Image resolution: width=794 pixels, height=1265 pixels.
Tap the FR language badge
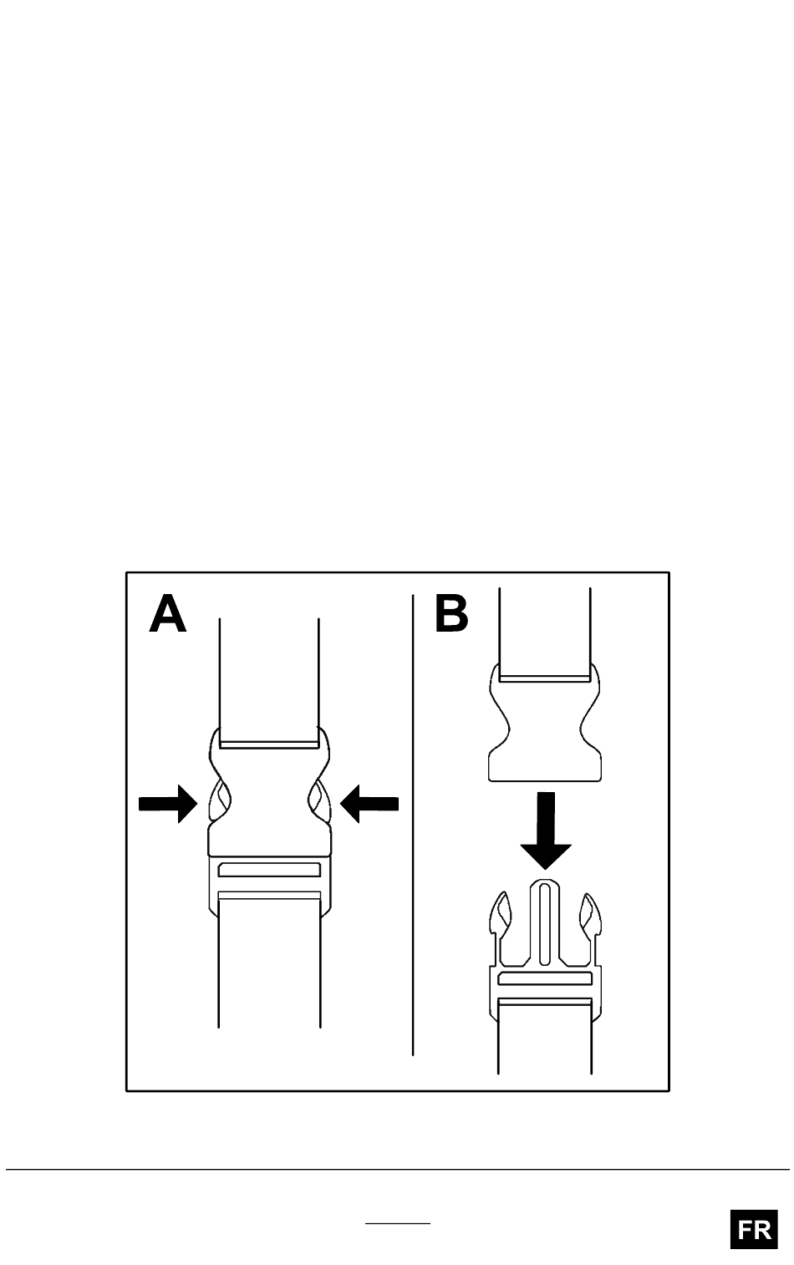pos(754,1229)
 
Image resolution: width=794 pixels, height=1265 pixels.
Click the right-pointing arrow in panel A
pos(168,804)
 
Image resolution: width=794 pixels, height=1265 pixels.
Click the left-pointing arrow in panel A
pos(369,804)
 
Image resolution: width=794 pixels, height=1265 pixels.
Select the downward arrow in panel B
pos(546,831)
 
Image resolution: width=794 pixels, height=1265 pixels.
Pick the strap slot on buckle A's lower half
pos(269,870)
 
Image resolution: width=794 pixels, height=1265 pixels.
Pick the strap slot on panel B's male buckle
pos(545,978)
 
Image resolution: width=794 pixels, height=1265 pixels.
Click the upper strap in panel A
pos(269,680)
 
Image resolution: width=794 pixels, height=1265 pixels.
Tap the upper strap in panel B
pos(544,632)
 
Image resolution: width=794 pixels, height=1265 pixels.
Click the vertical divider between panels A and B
pos(413,824)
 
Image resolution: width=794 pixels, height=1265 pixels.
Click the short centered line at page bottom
pos(398,1224)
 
